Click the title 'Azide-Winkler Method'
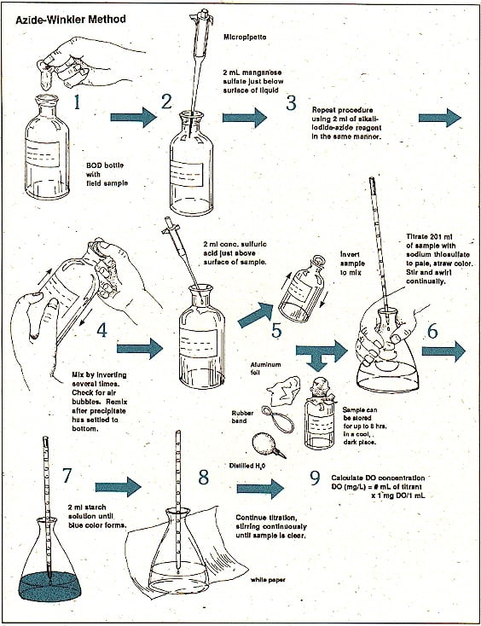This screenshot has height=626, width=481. (71, 20)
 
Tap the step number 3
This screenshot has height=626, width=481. (292, 102)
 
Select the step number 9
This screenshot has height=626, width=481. (315, 478)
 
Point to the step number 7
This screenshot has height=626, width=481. (67, 475)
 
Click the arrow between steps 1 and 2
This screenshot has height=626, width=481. (133, 117)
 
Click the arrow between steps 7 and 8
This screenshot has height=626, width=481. (119, 488)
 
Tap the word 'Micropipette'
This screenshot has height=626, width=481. (245, 37)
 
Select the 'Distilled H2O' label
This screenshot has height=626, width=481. (247, 466)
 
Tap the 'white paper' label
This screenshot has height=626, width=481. (268, 579)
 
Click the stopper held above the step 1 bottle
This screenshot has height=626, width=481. (45, 75)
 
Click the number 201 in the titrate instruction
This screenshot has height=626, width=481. (432, 237)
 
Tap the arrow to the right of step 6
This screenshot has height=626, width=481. (443, 351)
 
